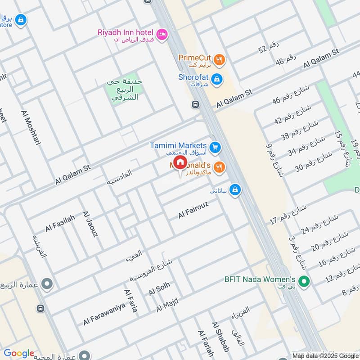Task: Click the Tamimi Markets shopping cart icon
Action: pos(215,147)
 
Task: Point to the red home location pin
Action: pos(180,163)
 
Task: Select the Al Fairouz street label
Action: pos(194,210)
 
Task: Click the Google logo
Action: pos(18,353)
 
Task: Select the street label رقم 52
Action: pos(269,48)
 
